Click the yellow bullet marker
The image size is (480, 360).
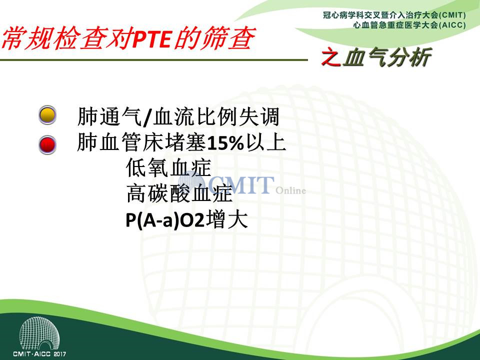point(47,115)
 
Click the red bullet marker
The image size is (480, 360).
point(47,144)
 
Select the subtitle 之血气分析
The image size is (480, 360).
point(376,57)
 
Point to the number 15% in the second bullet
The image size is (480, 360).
point(225,143)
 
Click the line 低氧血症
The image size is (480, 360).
point(168,167)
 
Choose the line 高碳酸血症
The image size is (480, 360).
point(179,193)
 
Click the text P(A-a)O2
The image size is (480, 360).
point(165,220)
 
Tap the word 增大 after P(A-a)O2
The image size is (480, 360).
point(226,220)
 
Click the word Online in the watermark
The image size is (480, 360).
point(291,190)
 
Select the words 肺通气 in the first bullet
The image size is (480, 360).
point(109,116)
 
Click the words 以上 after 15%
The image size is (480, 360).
point(265,142)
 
